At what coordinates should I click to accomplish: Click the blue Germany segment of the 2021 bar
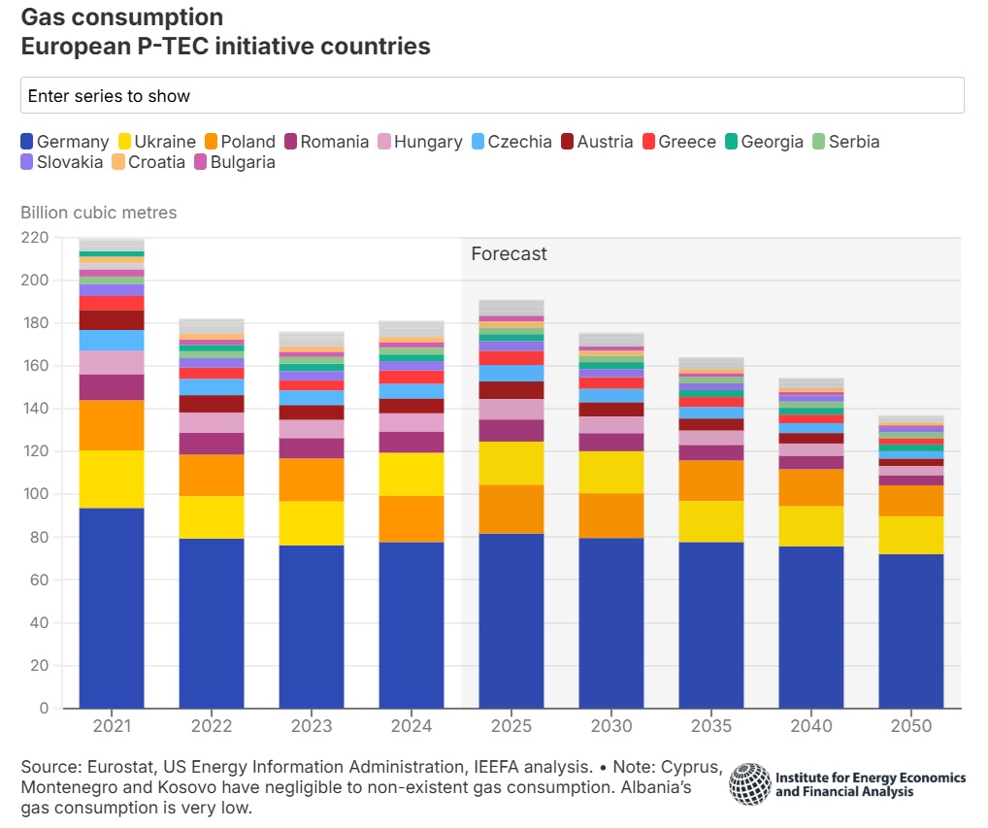click(x=112, y=608)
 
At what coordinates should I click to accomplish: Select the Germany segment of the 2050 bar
click(x=911, y=631)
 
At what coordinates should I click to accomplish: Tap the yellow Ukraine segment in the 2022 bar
click(x=212, y=517)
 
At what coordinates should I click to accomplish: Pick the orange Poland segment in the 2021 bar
click(x=112, y=425)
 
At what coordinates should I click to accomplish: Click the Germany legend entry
click(x=65, y=142)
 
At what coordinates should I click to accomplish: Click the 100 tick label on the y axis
click(x=36, y=494)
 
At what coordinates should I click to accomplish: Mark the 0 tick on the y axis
click(x=44, y=709)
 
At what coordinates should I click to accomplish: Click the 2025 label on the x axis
click(x=511, y=726)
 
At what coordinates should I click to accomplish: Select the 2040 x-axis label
click(x=811, y=726)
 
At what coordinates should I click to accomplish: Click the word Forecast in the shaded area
click(x=509, y=254)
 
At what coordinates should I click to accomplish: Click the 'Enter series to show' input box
click(x=492, y=95)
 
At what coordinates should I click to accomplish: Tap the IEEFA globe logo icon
click(x=749, y=783)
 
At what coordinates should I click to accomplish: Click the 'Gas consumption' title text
click(x=122, y=17)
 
